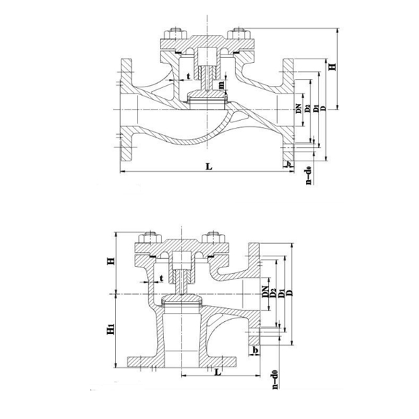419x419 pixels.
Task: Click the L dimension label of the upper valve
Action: click(x=208, y=166)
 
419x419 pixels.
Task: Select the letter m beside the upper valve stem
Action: click(x=222, y=85)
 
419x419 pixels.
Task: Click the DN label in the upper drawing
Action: click(x=297, y=108)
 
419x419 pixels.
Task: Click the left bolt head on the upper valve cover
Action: click(x=172, y=34)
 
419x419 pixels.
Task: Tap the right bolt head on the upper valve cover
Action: click(x=241, y=34)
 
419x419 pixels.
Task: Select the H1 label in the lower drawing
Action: click(x=110, y=329)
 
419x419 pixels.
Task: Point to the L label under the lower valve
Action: click(x=219, y=372)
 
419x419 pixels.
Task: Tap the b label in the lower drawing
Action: click(x=256, y=349)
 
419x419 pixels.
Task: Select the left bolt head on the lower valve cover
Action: click(x=149, y=238)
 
